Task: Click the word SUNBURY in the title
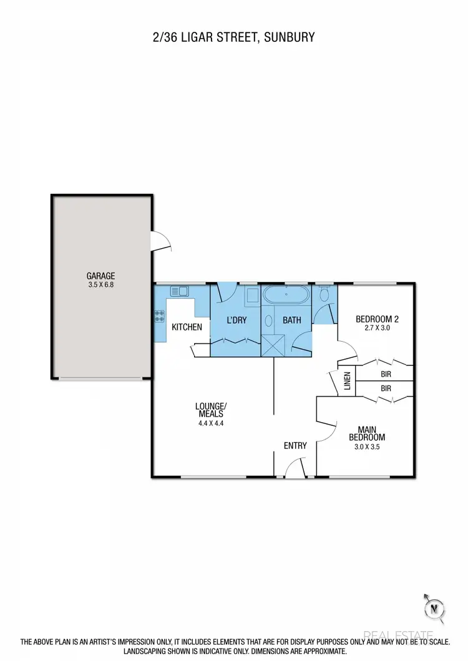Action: click(x=290, y=37)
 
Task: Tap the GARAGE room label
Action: click(x=101, y=276)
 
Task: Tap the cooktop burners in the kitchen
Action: click(x=159, y=316)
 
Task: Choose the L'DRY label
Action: click(x=235, y=321)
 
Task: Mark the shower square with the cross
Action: click(x=272, y=345)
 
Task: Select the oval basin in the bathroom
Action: click(x=268, y=321)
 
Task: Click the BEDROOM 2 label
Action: click(x=376, y=319)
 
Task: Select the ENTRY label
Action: click(x=295, y=445)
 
